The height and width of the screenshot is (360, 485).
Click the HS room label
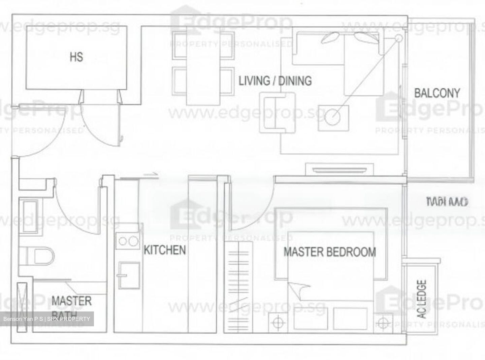tap(76, 57)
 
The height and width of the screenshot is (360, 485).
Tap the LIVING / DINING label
tap(275, 81)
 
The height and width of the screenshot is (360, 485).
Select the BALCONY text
tap(437, 93)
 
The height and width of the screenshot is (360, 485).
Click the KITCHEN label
tap(165, 250)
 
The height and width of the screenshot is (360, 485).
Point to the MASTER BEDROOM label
tap(329, 252)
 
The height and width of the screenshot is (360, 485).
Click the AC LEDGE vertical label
tap(421, 299)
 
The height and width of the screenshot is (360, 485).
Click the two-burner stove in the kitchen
tap(128, 241)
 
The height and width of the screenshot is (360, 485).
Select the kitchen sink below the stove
tap(129, 275)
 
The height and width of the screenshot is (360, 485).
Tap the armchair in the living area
tap(277, 112)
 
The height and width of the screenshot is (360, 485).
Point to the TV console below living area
tap(339, 169)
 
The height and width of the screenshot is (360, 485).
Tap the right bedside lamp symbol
tap(383, 323)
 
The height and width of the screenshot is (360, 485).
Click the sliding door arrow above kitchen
tap(151, 174)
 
